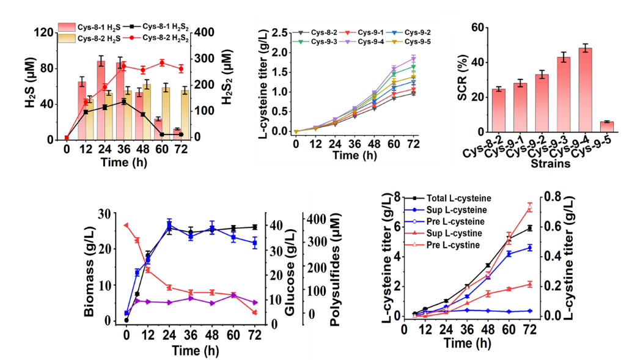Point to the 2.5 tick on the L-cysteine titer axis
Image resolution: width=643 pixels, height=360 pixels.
click(279, 32)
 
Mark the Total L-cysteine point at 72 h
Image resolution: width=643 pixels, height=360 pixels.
click(529, 227)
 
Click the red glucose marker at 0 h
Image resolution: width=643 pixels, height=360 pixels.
click(126, 225)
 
